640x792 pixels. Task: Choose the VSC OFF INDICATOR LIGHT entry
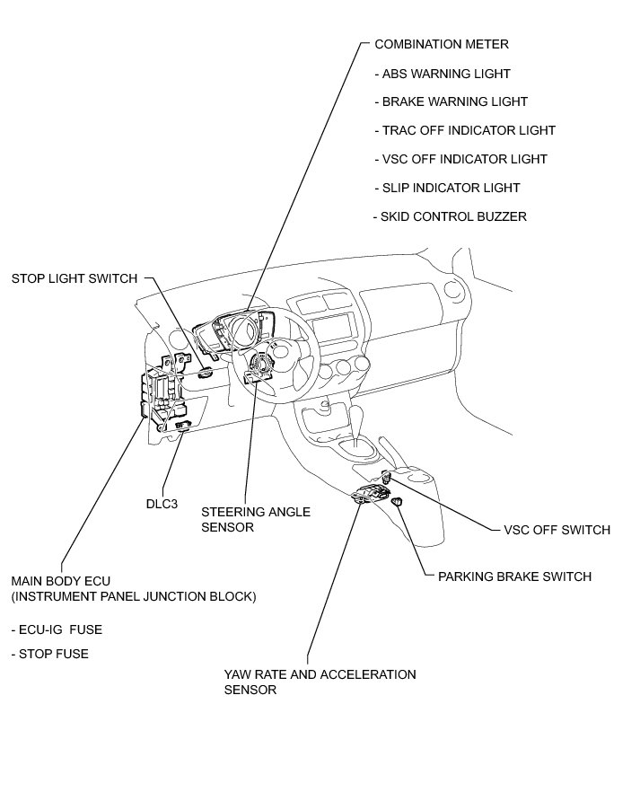pyautogui.click(x=464, y=160)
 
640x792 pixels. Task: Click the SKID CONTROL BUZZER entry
pyautogui.click(x=453, y=217)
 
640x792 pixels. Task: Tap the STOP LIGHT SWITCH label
pyautogui.click(x=74, y=278)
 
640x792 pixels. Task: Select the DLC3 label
pyautogui.click(x=162, y=504)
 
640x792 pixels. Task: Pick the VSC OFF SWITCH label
pyautogui.click(x=557, y=530)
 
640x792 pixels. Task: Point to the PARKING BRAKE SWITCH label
pyautogui.click(x=514, y=576)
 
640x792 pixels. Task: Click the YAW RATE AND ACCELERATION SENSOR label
pyautogui.click(x=320, y=682)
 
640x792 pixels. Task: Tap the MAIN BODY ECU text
pyautogui.click(x=62, y=581)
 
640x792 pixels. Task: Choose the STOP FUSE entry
pyautogui.click(x=50, y=654)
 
